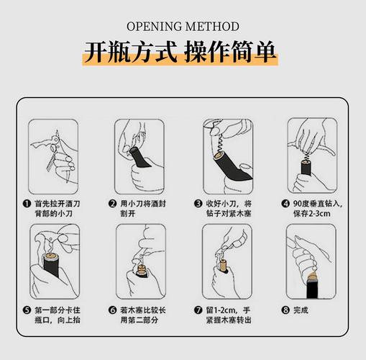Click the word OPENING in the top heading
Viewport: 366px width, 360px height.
(155, 27)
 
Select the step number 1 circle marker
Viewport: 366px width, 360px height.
(27, 204)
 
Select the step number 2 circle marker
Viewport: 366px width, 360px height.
(112, 204)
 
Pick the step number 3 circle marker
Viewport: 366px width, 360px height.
(198, 204)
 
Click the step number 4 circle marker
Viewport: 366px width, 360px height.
(285, 204)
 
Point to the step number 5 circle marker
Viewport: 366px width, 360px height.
(27, 310)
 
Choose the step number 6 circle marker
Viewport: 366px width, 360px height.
(112, 310)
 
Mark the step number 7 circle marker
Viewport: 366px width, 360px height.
(198, 310)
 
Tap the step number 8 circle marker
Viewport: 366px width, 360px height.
(285, 310)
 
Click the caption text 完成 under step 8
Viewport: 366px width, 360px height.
(301, 310)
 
